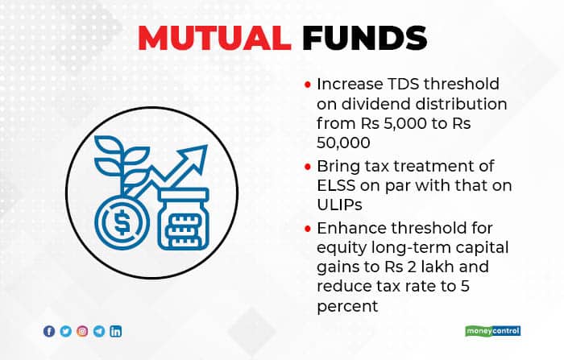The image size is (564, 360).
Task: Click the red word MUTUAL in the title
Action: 214,38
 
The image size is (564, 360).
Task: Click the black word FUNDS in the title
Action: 365,38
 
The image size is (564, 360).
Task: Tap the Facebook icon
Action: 49,331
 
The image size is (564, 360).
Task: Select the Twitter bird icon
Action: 66,331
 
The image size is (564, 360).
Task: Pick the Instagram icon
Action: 82,331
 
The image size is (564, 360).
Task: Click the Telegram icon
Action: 99,331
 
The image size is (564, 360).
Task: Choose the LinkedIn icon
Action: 115,331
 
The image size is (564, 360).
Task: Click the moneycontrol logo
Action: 492,331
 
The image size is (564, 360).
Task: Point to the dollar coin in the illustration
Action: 122,222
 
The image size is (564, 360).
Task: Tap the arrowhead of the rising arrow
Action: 197,155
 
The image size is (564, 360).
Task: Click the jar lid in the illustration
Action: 184,195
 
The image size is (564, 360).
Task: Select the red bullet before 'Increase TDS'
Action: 308,85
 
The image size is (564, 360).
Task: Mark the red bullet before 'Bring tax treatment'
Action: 308,167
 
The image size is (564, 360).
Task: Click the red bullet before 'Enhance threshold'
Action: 308,229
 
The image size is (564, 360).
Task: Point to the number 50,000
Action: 343,143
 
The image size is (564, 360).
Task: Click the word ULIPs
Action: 339,205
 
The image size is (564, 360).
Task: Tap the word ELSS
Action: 336,185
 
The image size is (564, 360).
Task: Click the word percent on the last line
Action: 347,306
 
